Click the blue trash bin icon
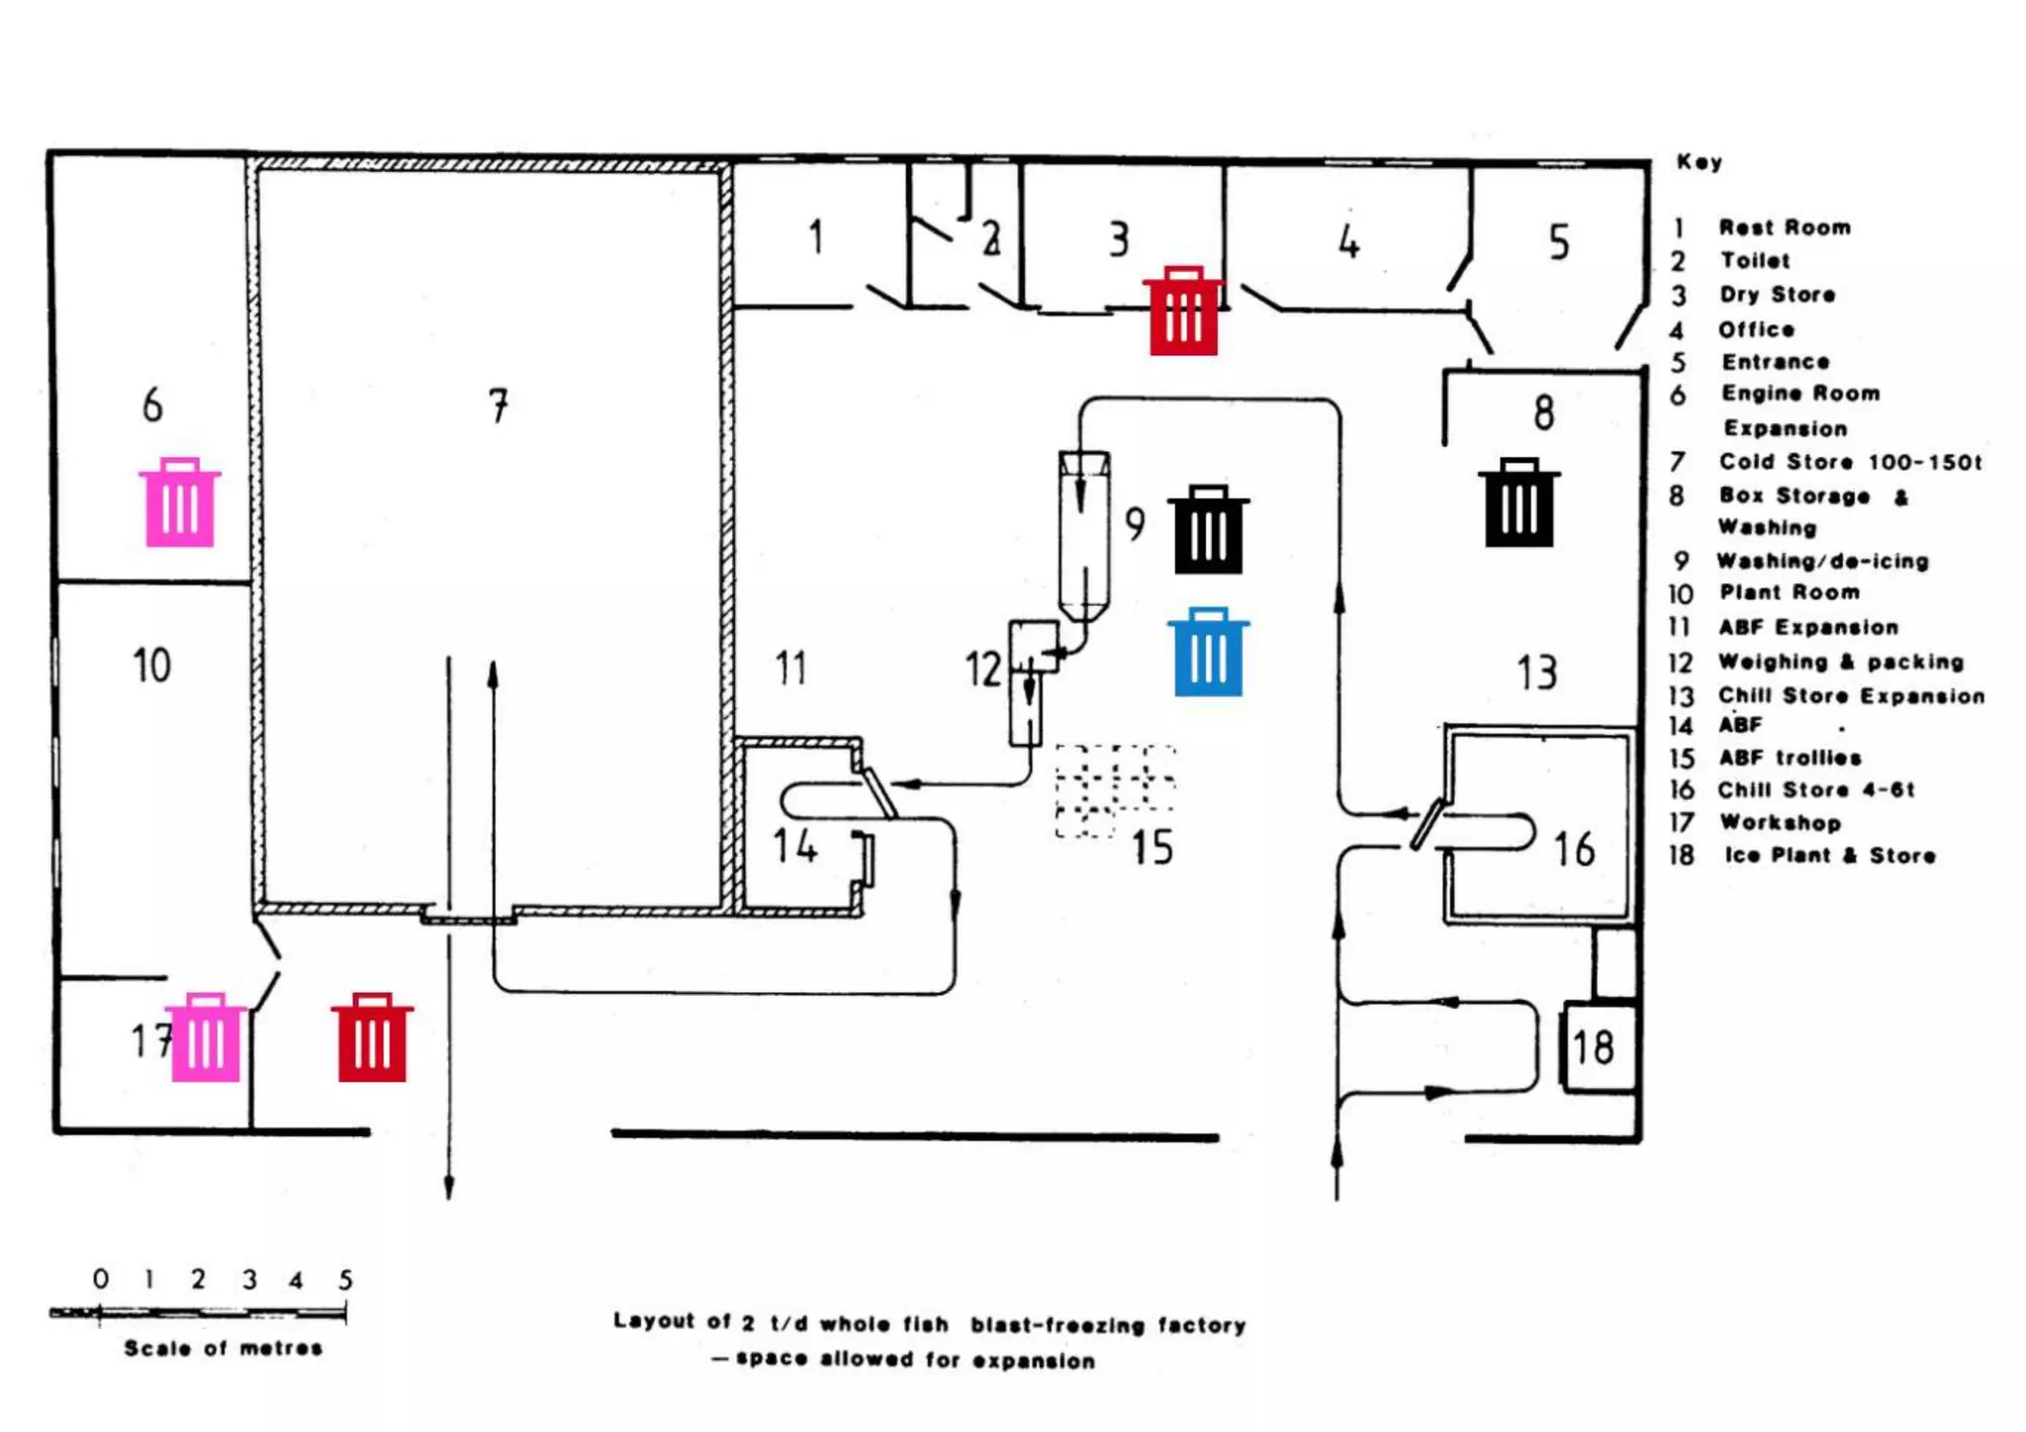coord(1208,653)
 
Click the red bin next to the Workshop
coord(372,1037)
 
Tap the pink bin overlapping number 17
coord(206,1037)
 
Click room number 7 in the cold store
coord(499,405)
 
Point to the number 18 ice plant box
coord(1594,1047)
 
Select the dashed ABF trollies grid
coord(1116,791)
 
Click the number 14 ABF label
coord(795,847)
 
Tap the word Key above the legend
coord(1699,162)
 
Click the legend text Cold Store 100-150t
coord(1850,462)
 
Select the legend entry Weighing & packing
coord(1840,662)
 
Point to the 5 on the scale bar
coord(345,1280)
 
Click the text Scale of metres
coord(224,1348)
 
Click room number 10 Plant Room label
coord(152,666)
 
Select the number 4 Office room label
coord(1349,241)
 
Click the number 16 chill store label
coord(1574,850)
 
